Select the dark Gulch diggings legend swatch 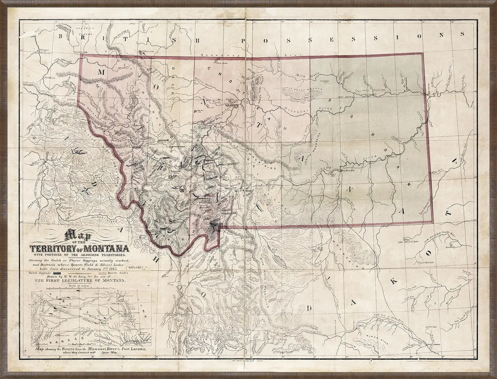tap(59, 273)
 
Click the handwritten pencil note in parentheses tap(134, 267)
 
